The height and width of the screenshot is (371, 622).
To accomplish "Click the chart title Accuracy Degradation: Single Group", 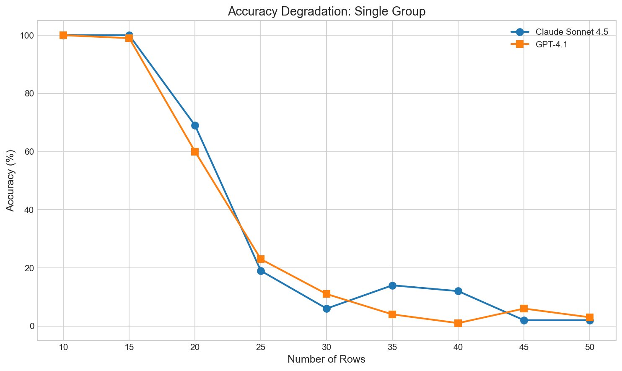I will pos(327,11).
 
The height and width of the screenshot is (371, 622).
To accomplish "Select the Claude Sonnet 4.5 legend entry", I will pos(572,32).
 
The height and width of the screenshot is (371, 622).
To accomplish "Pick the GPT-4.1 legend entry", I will pos(552,44).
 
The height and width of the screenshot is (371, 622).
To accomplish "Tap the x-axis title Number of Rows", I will pos(327,359).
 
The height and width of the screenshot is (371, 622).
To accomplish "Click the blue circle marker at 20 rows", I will pos(195,125).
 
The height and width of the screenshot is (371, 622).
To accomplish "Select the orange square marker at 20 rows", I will pos(195,151).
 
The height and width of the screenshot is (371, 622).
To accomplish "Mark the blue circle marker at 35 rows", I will pos(392,285).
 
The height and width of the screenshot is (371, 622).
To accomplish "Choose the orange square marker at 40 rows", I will pos(458,323).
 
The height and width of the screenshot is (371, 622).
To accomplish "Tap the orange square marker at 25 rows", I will pos(261,259).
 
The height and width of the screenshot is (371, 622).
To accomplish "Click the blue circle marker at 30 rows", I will pos(327,309).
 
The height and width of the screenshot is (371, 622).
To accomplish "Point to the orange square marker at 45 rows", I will pos(524,309).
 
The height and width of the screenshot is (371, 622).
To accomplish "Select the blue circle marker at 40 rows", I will pos(458,291).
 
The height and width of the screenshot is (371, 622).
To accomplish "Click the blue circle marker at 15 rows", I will pos(129,35).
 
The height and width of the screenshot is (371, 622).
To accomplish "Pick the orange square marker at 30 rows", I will pos(327,294).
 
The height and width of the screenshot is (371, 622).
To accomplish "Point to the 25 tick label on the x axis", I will pos(261,348).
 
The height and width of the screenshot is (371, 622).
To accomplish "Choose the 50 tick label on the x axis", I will pos(590,348).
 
